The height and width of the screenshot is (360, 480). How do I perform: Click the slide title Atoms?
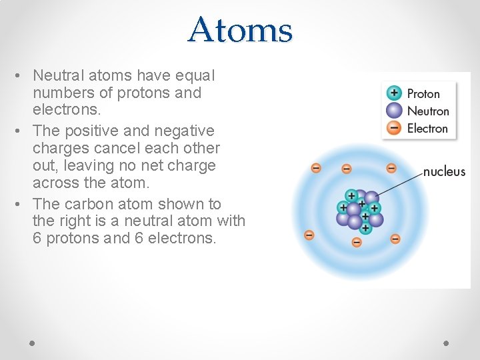[x=240, y=30]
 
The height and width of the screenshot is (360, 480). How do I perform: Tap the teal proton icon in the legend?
[x=395, y=93]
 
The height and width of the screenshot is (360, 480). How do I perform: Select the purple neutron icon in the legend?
[x=395, y=111]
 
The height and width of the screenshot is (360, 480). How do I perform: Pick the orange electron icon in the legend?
[x=395, y=128]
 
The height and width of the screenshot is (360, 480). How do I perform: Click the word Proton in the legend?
[x=423, y=94]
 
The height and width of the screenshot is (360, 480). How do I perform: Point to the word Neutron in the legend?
[x=428, y=111]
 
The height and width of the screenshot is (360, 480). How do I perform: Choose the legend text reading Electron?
[x=427, y=129]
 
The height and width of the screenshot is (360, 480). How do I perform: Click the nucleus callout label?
[x=444, y=171]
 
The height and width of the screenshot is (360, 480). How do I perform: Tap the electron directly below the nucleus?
[x=357, y=242]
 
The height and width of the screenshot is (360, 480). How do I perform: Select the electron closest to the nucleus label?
[x=391, y=168]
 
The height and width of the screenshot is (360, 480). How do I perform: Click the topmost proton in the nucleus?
[x=351, y=195]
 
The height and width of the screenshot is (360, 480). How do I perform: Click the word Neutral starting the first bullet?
[x=56, y=75]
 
